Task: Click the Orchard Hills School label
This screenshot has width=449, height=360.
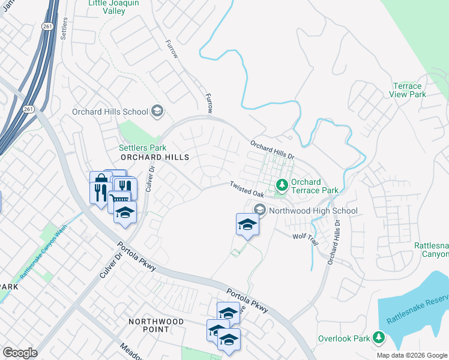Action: click(110, 112)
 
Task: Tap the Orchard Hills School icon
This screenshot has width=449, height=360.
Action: click(157, 111)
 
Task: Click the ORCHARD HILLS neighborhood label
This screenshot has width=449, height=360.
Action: click(155, 157)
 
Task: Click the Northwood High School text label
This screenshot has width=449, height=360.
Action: click(313, 211)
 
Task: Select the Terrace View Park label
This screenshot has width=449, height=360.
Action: click(408, 90)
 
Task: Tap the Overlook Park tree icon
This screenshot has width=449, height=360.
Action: click(379, 338)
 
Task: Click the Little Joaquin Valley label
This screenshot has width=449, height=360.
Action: click(116, 7)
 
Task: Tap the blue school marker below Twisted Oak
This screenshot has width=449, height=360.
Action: click(247, 225)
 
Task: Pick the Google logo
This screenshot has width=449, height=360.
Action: click(20, 353)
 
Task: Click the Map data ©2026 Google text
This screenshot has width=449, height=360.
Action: click(412, 355)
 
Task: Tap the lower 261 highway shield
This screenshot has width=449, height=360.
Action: click(28, 109)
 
